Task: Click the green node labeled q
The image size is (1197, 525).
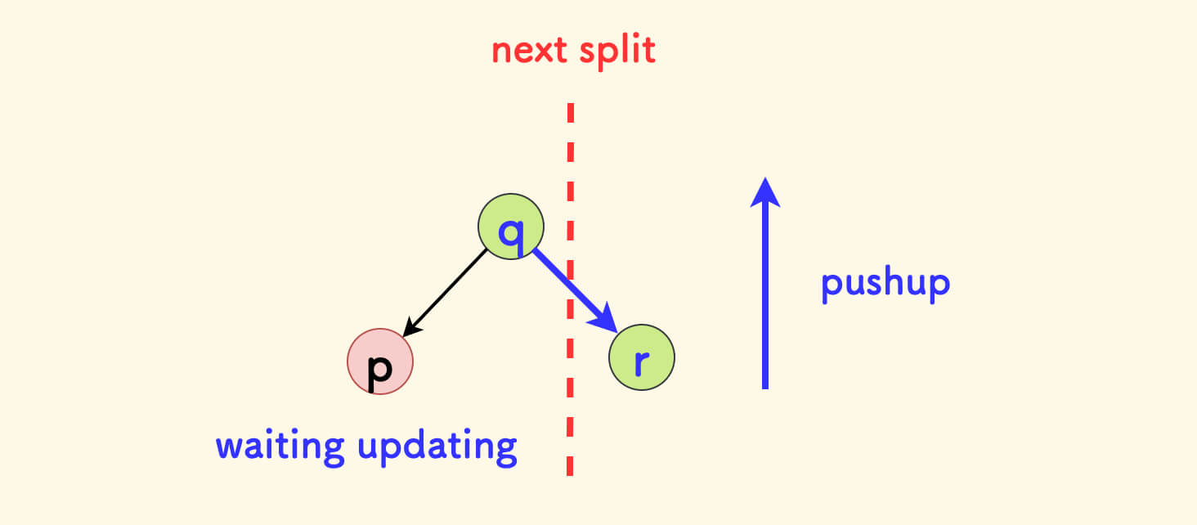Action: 511,227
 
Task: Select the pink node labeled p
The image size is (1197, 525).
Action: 380,362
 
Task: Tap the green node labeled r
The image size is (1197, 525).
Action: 642,357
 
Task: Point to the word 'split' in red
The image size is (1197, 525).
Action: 618,52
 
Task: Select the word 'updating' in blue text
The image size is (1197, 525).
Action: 437,448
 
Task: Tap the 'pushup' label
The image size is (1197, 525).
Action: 885,285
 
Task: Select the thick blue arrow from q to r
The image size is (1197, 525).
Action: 568,284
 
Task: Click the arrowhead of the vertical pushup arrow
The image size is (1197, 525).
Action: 765,192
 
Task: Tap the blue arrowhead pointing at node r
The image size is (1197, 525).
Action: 606,318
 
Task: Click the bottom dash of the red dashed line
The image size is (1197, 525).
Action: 570,464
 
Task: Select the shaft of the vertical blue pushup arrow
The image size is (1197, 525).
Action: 765,294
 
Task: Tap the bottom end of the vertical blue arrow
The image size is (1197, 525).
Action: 765,385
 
